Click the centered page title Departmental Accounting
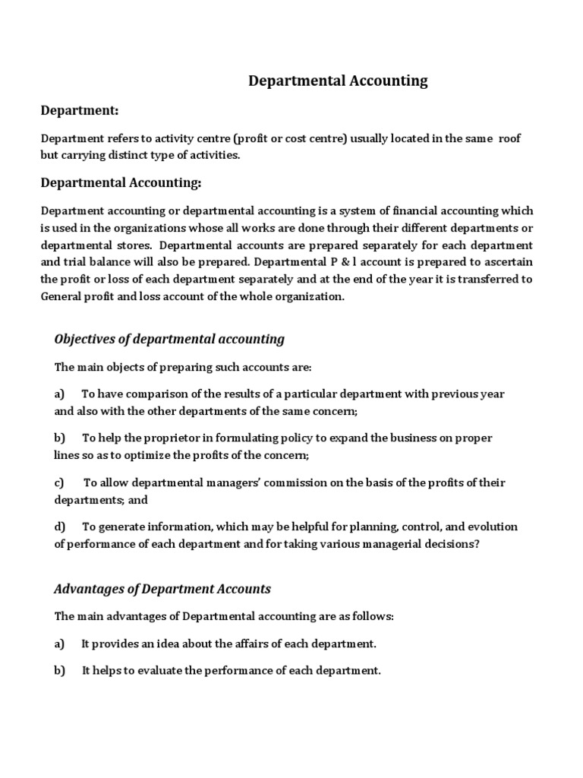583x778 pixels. pos(339,81)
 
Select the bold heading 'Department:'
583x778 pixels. pos(80,111)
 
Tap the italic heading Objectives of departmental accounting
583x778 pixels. pos(169,339)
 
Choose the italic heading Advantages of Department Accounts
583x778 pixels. pos(162,589)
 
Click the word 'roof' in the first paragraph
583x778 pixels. pos(509,138)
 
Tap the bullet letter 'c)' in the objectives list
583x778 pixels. pos(59,482)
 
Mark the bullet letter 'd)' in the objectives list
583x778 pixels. pos(60,527)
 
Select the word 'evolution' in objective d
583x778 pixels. pos(491,527)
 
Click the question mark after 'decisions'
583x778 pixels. pos(477,544)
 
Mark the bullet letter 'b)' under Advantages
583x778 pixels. pos(60,671)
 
